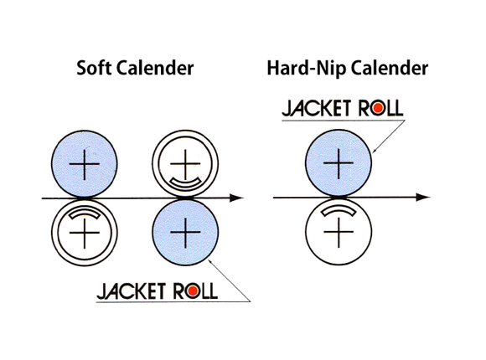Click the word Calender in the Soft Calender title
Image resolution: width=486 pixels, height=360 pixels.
pyautogui.click(x=155, y=68)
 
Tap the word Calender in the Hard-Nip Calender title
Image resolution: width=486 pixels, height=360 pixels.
pyautogui.click(x=390, y=68)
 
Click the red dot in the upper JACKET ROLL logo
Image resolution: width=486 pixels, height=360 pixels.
pyautogui.click(x=378, y=108)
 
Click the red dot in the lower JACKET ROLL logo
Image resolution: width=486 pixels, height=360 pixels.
pyautogui.click(x=193, y=291)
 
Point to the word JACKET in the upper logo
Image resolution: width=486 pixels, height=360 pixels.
pyautogui.click(x=316, y=108)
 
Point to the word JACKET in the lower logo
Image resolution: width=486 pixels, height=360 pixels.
pyautogui.click(x=131, y=291)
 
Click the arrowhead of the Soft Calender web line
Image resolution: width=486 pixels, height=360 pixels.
pyautogui.click(x=237, y=198)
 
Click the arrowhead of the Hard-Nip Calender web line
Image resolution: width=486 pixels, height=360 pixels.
pyautogui.click(x=423, y=197)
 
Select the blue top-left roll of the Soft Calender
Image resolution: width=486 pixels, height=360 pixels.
pyautogui.click(x=85, y=163)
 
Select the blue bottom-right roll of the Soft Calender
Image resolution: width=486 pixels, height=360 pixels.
pyautogui.click(x=185, y=232)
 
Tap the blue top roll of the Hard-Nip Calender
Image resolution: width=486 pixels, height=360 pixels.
pyautogui.click(x=339, y=162)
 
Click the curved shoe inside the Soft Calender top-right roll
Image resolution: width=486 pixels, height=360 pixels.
pyautogui.click(x=185, y=184)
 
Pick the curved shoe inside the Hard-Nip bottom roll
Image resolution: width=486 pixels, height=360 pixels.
pyautogui.click(x=339, y=210)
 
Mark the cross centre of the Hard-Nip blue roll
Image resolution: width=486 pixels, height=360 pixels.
pyautogui.click(x=339, y=162)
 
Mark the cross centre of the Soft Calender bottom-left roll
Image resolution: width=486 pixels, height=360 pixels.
pyautogui.click(x=85, y=233)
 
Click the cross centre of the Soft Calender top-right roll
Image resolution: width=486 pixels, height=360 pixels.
pyautogui.click(x=185, y=163)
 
